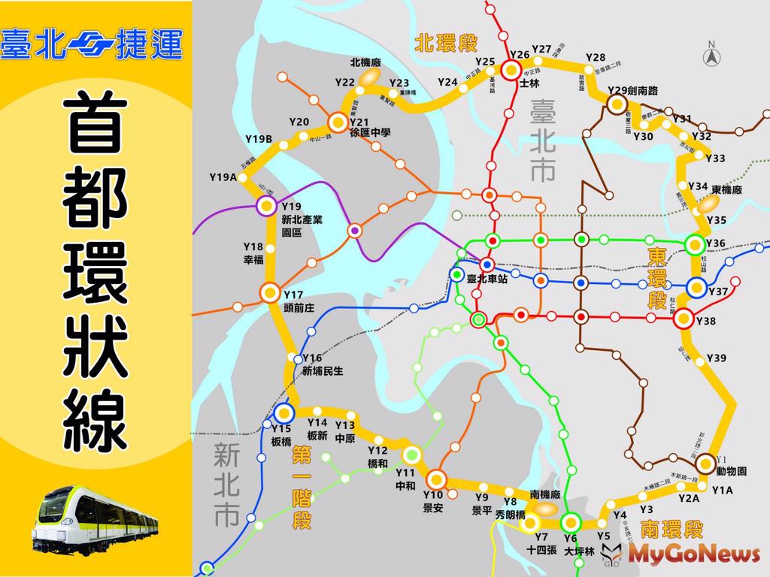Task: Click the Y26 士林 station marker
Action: [x=511, y=70]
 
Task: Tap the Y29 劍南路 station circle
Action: [x=617, y=104]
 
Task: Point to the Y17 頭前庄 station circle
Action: [x=269, y=292]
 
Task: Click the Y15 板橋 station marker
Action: [x=283, y=412]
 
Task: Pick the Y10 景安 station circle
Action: [x=436, y=479]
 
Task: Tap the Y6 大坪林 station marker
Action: [x=570, y=521]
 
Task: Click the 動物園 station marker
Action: [x=705, y=464]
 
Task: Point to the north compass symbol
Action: [x=711, y=54]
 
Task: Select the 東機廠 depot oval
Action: [x=708, y=203]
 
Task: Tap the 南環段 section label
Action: [x=672, y=530]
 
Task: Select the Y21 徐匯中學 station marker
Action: [x=337, y=121]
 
